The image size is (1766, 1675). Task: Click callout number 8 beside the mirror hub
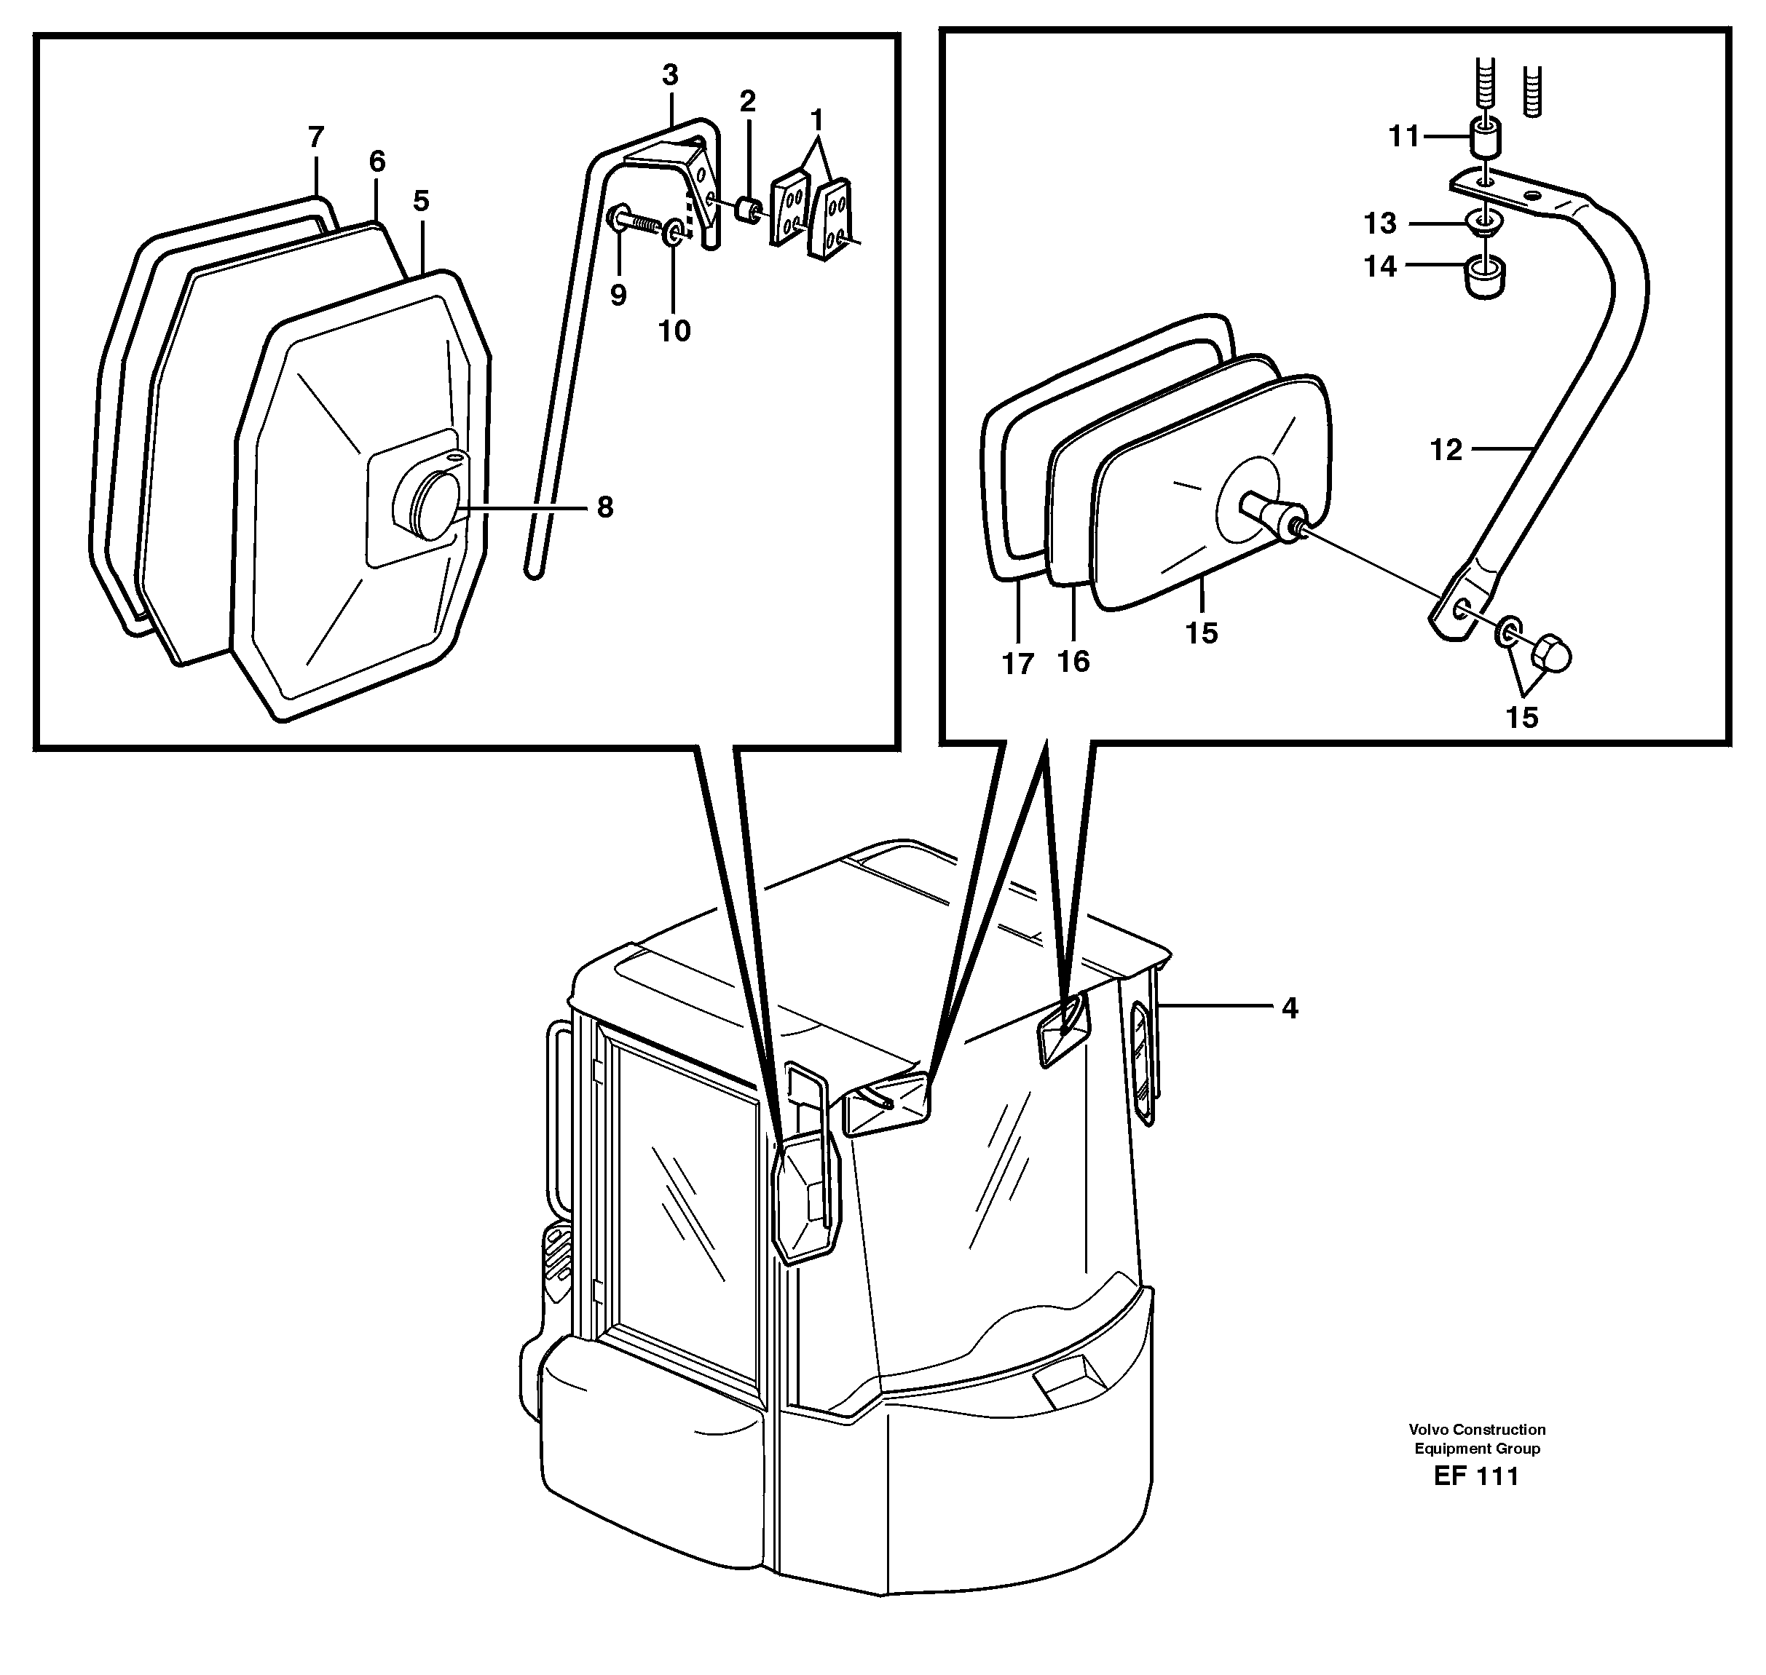click(604, 508)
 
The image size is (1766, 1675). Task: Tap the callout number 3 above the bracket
click(670, 75)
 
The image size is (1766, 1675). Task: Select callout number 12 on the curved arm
click(1446, 450)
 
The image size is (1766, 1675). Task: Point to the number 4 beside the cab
click(1289, 1008)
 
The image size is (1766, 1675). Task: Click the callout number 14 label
click(1380, 266)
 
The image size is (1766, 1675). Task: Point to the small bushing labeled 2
click(749, 213)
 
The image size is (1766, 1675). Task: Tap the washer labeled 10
click(674, 234)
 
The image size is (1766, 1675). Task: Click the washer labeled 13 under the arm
click(1483, 222)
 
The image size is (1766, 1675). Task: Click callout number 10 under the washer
click(674, 331)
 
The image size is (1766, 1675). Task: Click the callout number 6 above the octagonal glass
click(377, 162)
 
